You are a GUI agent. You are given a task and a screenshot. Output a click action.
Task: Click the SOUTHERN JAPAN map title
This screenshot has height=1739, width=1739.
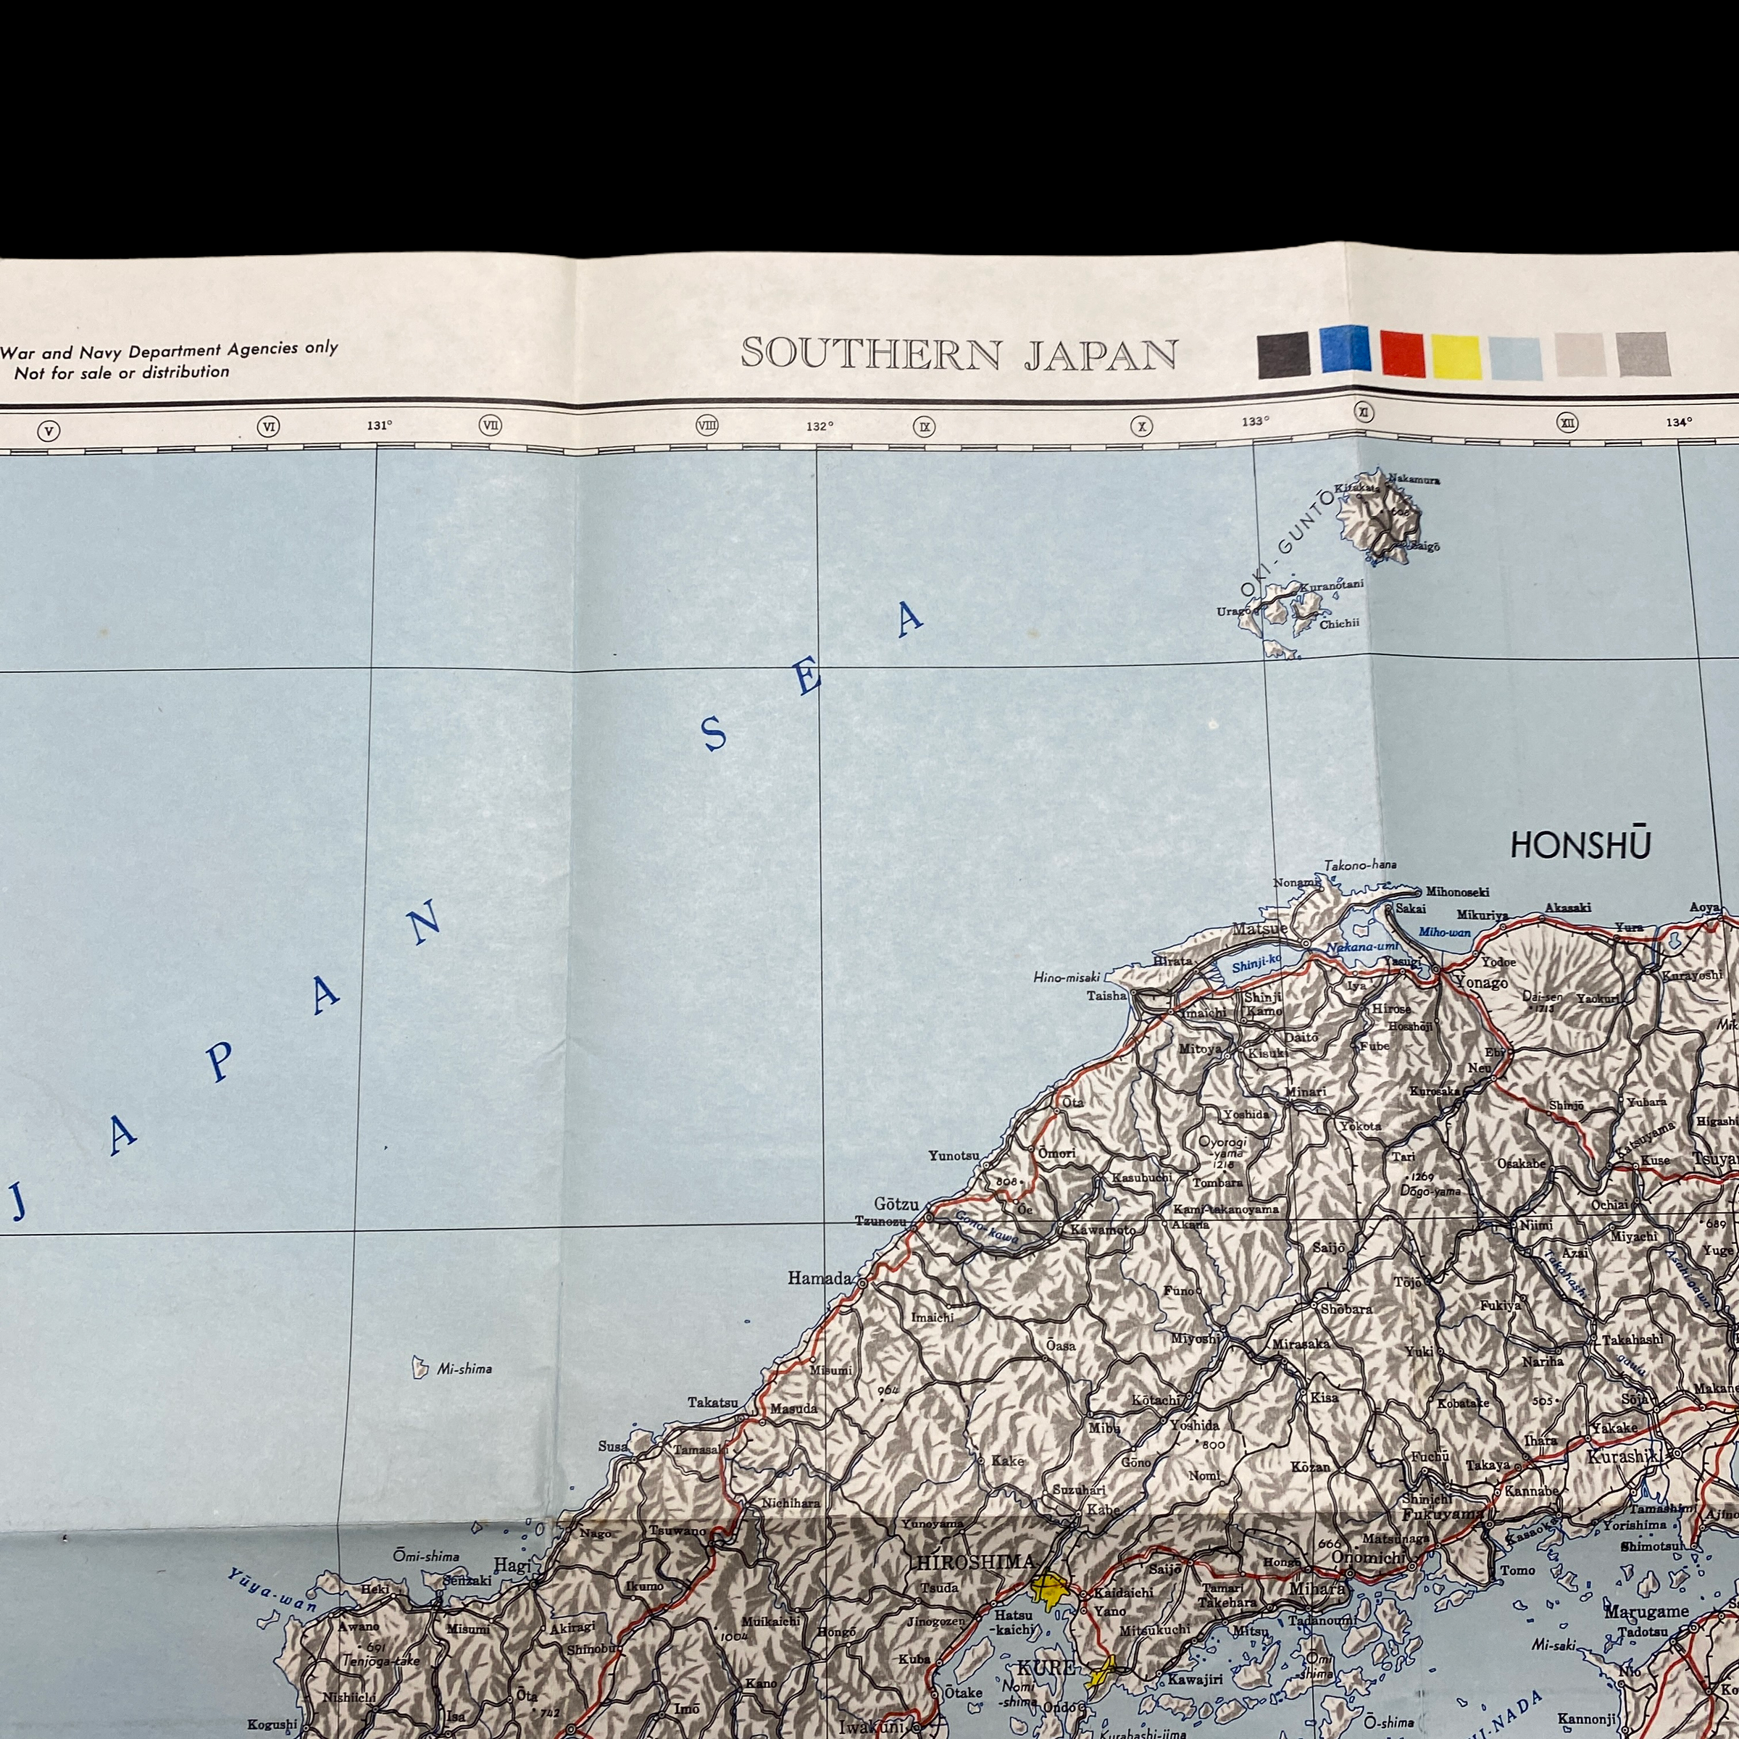pyautogui.click(x=959, y=354)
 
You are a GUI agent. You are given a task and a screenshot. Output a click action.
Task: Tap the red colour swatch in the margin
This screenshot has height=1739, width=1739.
pyautogui.click(x=1401, y=354)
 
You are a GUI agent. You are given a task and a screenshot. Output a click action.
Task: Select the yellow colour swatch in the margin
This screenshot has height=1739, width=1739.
pyautogui.click(x=1456, y=356)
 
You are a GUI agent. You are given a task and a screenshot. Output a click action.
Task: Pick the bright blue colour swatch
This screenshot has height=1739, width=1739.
pyautogui.click(x=1345, y=349)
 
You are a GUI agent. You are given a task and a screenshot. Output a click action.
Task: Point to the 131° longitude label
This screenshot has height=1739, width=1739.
pyautogui.click(x=379, y=425)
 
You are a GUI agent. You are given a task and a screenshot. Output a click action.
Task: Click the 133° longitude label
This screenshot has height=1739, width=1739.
pyautogui.click(x=1255, y=421)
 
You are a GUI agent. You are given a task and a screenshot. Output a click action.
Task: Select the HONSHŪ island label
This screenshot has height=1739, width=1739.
pyautogui.click(x=1580, y=845)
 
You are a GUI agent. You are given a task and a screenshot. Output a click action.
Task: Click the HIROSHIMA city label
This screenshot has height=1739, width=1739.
pyautogui.click(x=974, y=1561)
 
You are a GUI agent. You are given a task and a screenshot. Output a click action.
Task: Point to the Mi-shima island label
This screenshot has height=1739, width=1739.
pyautogui.click(x=464, y=1369)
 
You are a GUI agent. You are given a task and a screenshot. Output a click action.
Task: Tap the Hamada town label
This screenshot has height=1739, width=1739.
pyautogui.click(x=819, y=1278)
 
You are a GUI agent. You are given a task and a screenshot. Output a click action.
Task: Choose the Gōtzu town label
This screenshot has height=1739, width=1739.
pyautogui.click(x=896, y=1204)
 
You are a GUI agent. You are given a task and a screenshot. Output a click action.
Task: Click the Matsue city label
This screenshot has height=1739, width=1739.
pyautogui.click(x=1259, y=929)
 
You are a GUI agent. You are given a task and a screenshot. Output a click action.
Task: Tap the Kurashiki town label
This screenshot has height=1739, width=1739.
pyautogui.click(x=1622, y=1456)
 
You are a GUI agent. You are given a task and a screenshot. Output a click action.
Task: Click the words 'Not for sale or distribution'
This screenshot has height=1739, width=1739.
pyautogui.click(x=122, y=372)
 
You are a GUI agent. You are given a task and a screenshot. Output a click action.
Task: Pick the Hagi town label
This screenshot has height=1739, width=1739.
pyautogui.click(x=512, y=1565)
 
